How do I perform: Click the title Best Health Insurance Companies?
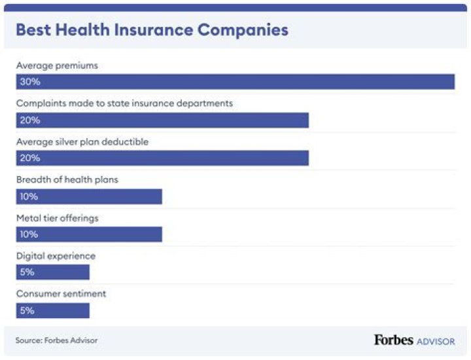152,30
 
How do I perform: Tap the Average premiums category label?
57,65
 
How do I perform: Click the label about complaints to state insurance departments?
124,103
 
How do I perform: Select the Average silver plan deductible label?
83,141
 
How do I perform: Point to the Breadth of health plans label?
67,179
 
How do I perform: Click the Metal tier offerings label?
57,218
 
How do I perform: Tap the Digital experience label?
56,256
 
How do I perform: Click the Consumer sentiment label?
61,294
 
